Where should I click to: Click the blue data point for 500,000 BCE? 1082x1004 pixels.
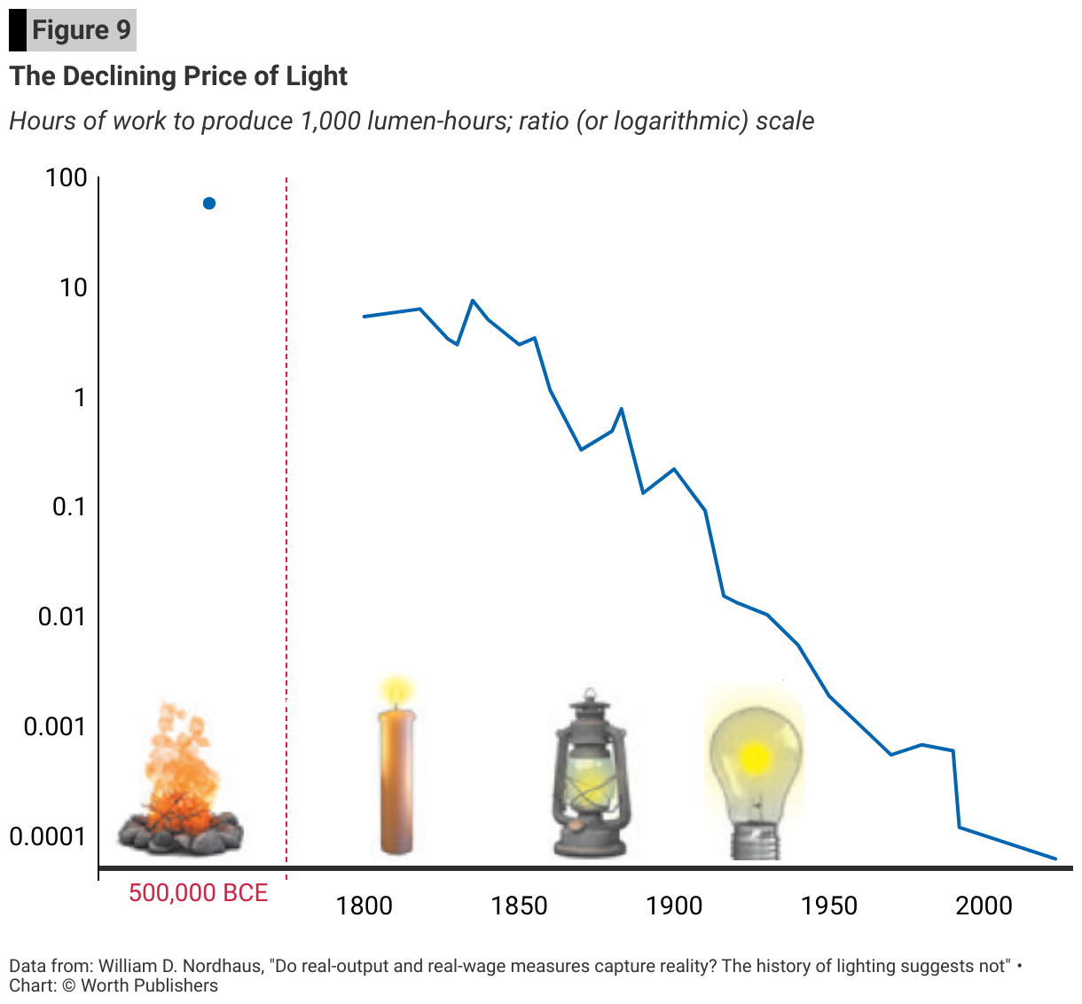pos(209,203)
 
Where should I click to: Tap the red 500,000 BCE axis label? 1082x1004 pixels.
pos(198,892)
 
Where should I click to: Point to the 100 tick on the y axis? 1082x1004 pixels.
pos(67,178)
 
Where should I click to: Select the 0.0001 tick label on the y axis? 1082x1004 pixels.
pos(49,836)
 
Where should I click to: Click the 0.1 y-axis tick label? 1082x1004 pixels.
pos(69,507)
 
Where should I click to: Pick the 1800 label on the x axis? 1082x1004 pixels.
pos(365,906)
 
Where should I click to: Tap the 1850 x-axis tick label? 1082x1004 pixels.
pos(519,906)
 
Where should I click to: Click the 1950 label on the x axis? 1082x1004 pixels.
pos(828,906)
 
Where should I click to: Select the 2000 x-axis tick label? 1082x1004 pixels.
pos(984,906)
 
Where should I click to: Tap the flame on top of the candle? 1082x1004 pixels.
pos(396,689)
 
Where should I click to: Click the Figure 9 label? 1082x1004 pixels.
pos(81,30)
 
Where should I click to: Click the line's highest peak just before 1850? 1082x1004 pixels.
pos(473,301)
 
